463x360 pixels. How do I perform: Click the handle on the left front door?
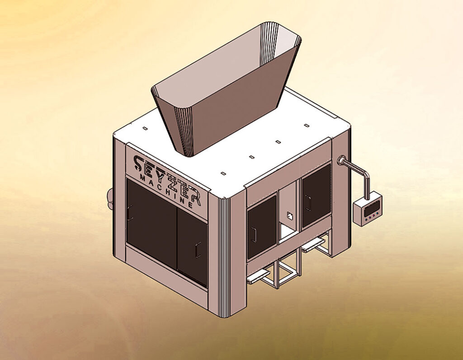(x=130, y=213)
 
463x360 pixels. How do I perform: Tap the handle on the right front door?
(x=198, y=250)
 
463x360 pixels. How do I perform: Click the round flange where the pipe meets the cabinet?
(x=341, y=161)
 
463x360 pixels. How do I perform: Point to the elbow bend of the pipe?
(x=366, y=175)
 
